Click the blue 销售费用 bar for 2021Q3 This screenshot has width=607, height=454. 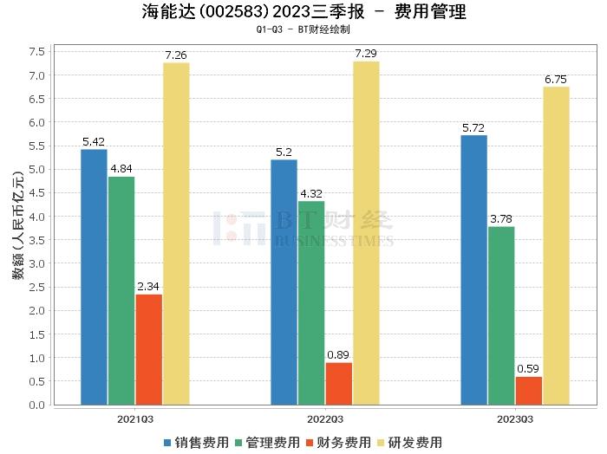coord(94,277)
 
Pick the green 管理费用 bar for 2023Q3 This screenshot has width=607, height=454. coord(501,315)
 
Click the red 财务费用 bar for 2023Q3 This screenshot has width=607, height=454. coord(528,391)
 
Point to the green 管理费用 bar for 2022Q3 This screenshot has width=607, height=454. coord(311,303)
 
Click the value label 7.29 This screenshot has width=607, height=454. coord(366,54)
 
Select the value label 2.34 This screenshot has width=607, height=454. coord(148,287)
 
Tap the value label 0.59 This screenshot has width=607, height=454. coord(528,369)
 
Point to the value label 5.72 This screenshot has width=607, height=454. coord(474,127)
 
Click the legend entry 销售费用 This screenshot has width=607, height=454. coord(196,443)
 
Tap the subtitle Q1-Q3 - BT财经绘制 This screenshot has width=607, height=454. coord(303,29)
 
